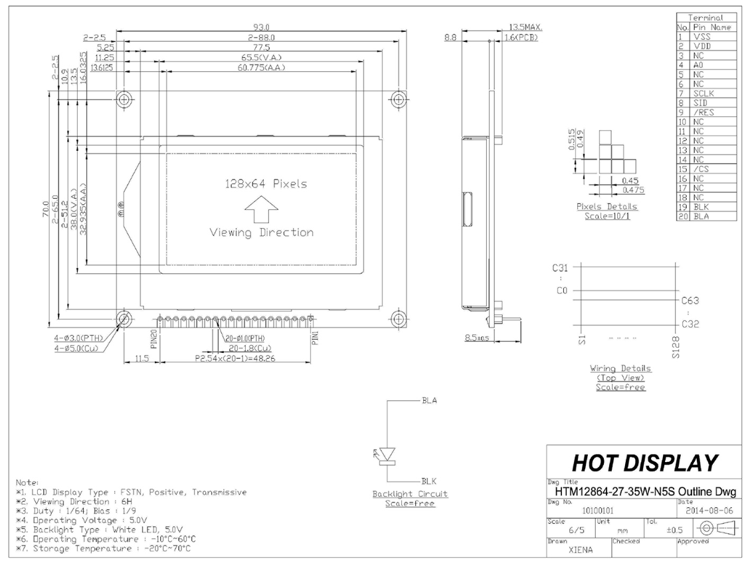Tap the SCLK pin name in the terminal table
pos(704,94)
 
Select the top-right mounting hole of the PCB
pos(398,100)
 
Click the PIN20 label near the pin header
pos(153,339)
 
